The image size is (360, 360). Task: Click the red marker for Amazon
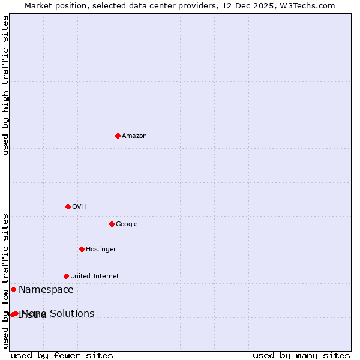(118, 136)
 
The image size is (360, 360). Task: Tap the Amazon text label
(134, 136)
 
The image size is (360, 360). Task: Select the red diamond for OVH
(68, 206)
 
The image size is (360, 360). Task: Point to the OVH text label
(79, 207)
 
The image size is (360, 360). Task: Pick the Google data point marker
(112, 224)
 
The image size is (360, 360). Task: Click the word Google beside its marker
(127, 224)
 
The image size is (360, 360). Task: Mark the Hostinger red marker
(82, 249)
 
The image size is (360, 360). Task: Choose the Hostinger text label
(101, 250)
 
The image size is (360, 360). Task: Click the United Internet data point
(66, 276)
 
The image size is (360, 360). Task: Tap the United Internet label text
(94, 277)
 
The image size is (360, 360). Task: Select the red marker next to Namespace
(13, 289)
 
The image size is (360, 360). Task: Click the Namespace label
(46, 290)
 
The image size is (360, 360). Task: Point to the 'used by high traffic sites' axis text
(6, 85)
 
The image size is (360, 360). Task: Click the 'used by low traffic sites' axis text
(6, 281)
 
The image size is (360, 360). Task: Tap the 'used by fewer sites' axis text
(62, 355)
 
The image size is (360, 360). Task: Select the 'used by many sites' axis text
(301, 355)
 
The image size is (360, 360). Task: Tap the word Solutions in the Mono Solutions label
(72, 313)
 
